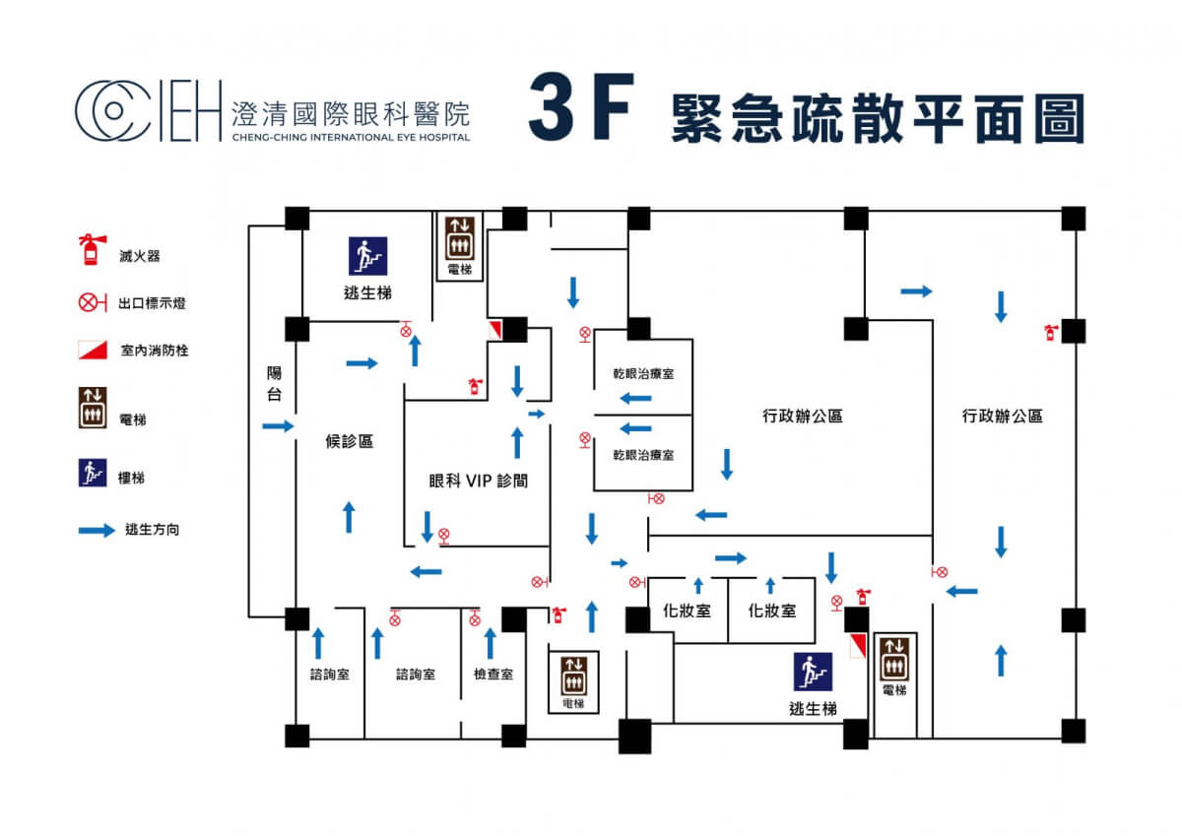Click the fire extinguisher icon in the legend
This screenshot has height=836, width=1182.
[x=91, y=249]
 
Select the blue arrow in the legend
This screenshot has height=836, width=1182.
[x=96, y=530]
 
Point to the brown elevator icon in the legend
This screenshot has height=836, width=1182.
[x=92, y=408]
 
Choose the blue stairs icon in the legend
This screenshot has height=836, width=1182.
[x=92, y=473]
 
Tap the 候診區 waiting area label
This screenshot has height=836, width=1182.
[x=349, y=441]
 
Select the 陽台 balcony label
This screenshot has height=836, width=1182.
[x=275, y=384]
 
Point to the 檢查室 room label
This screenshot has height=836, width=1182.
[x=492, y=675]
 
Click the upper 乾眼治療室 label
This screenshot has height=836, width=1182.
[x=642, y=375]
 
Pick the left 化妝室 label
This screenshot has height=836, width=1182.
[x=688, y=611]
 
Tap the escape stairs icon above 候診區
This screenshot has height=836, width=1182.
[x=367, y=255]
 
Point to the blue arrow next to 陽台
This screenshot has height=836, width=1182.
[x=279, y=426]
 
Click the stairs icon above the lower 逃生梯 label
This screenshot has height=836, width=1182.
[x=814, y=672]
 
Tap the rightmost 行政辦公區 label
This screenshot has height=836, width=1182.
[x=1002, y=417]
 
